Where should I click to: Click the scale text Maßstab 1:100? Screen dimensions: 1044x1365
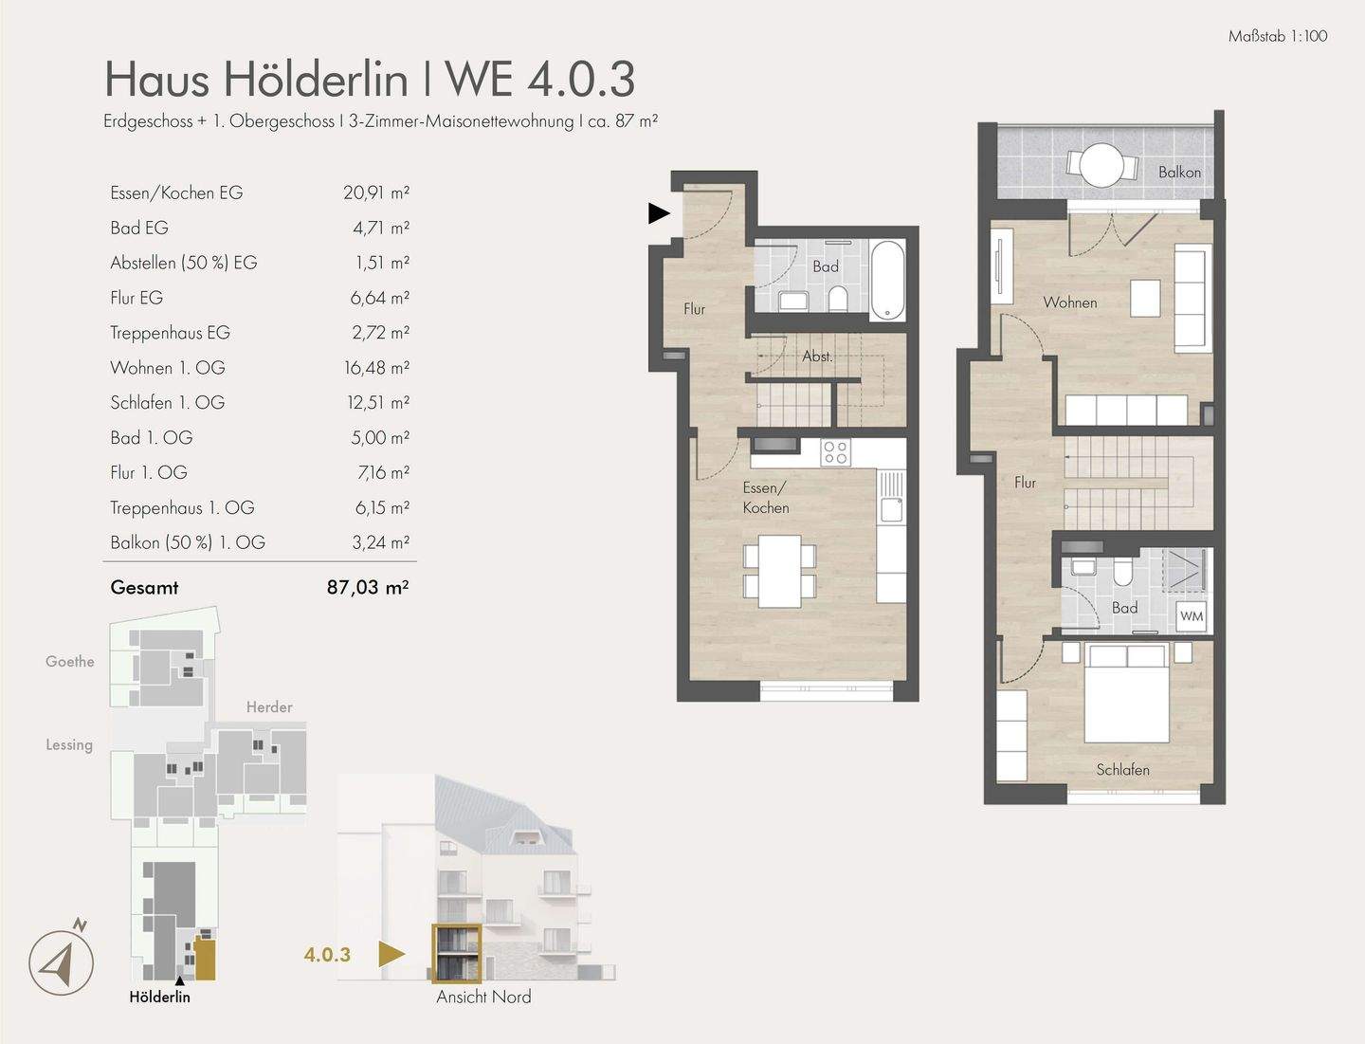[1277, 36]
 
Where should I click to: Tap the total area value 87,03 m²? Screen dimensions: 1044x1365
[367, 587]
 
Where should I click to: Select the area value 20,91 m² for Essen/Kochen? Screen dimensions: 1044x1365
[375, 192]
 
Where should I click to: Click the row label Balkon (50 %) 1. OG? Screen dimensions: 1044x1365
[188, 542]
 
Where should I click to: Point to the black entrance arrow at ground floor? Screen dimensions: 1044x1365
[659, 213]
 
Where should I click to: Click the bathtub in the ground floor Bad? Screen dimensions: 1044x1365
[887, 280]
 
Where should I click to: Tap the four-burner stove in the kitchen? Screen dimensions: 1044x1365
[835, 452]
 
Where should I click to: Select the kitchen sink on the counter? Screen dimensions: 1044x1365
[891, 499]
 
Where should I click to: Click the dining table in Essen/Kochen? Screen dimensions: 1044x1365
[780, 572]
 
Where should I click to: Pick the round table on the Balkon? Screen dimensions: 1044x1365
[1101, 165]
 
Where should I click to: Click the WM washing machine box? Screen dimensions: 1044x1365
[1192, 616]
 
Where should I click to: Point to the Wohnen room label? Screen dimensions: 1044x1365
[1069, 302]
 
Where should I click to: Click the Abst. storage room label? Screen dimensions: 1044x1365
[817, 357]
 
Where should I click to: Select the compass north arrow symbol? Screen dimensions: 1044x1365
[62, 962]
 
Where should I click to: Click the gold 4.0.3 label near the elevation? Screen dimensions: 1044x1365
[327, 955]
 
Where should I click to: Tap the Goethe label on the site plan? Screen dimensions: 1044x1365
[70, 661]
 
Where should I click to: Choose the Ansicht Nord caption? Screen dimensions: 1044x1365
[483, 997]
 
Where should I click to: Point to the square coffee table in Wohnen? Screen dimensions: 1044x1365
[1145, 298]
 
